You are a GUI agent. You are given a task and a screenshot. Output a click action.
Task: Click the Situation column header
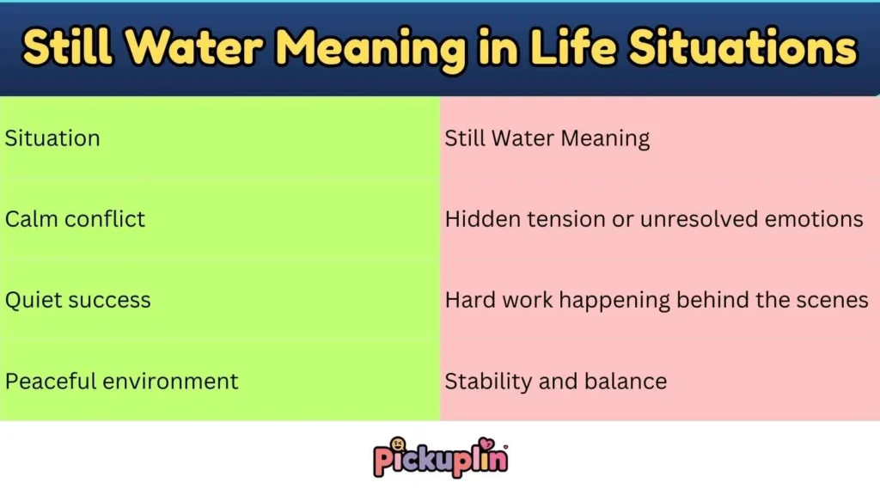click(52, 138)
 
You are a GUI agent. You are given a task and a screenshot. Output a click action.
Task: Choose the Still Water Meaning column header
click(547, 138)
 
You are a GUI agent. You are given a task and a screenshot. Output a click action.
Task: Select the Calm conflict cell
click(76, 219)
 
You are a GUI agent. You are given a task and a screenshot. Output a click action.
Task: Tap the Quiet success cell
click(78, 300)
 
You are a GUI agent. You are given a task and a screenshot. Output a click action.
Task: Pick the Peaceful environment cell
click(122, 381)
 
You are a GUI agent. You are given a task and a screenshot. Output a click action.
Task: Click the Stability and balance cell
click(555, 381)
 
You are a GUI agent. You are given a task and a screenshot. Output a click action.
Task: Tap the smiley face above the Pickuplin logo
click(399, 445)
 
